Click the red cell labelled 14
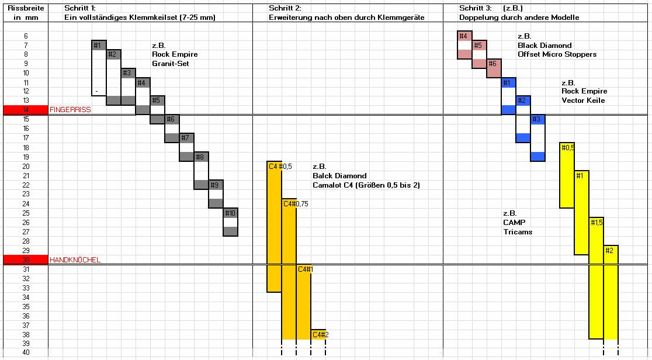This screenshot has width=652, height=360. click(25, 110)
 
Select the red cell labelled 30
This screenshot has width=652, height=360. click(25, 259)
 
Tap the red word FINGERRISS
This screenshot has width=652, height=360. click(70, 110)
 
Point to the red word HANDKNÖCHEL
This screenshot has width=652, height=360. click(75, 259)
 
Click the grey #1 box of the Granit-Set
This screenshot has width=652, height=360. click(99, 45)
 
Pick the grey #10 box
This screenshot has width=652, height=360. click(230, 213)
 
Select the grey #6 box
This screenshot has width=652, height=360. click(172, 119)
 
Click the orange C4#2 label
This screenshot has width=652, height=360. click(320, 334)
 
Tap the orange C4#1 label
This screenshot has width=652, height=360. click(306, 269)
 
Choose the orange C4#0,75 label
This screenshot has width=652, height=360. click(295, 203)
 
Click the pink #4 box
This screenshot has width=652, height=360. click(464, 36)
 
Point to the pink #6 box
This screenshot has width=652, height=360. click(493, 64)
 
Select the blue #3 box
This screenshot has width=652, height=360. click(537, 119)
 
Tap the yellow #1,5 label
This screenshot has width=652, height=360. click(596, 222)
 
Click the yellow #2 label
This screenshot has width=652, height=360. click(610, 250)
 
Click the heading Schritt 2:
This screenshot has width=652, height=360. click(285, 8)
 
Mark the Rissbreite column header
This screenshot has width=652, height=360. click(24, 8)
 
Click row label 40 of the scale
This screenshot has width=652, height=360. click(25, 352)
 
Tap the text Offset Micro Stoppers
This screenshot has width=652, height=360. click(557, 54)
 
